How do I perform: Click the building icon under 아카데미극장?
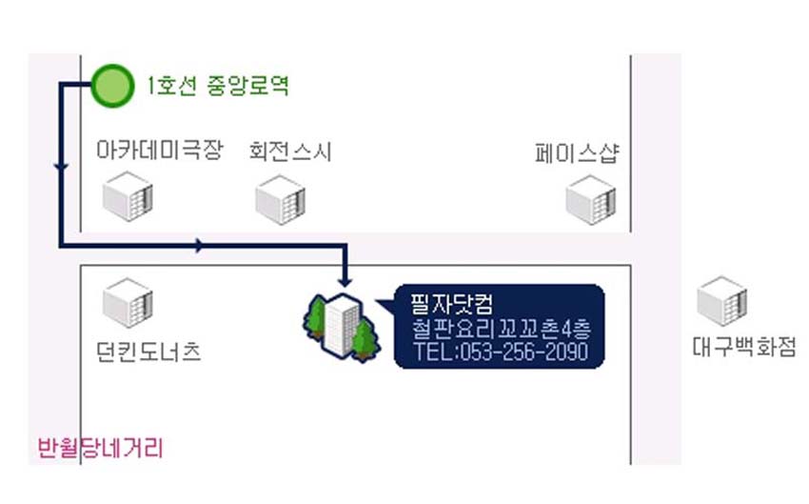coord(128,198)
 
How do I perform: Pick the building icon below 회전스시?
coord(280,200)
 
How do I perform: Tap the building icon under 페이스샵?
coord(591,200)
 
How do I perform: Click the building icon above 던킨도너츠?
coord(128,303)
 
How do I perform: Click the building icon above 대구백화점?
coord(721,301)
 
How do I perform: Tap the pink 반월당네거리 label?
coord(100,447)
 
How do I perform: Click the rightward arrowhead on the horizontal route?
coord(198,246)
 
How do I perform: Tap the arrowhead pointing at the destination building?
coord(346,281)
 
